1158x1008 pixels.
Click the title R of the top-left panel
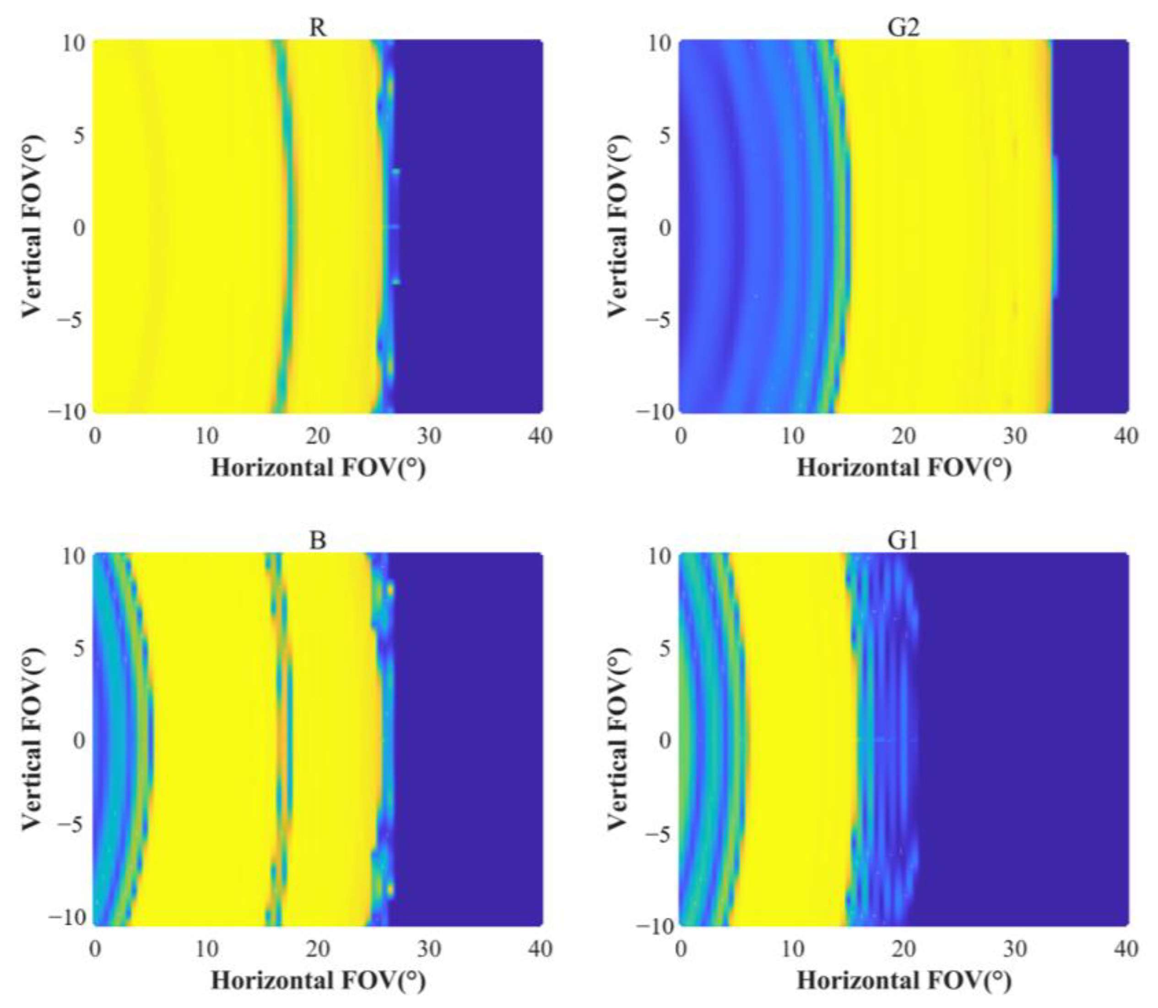point(318,27)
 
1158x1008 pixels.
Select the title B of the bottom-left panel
point(318,540)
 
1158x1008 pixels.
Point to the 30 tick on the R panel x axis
point(429,436)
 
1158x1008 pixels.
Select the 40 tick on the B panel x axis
point(540,949)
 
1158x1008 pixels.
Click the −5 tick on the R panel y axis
point(71,320)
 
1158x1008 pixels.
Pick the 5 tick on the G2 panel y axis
point(665,136)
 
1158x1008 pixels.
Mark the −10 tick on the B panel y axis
point(66,917)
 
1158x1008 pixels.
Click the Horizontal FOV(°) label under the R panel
point(318,468)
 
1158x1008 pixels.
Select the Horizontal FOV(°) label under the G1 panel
point(904,981)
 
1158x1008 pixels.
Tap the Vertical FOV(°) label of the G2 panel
point(618,228)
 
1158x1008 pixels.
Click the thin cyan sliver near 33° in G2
point(1055,228)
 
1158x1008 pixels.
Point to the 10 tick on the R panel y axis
point(73,44)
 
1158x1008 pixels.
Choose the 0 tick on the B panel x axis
point(95,949)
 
